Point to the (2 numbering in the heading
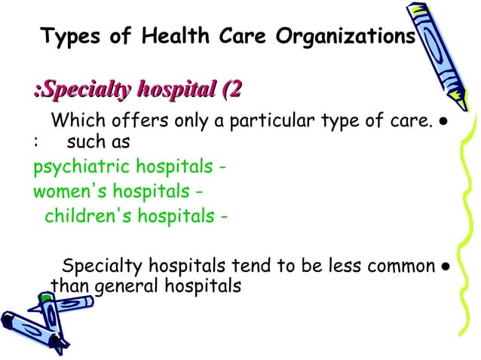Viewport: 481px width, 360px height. pos(230,91)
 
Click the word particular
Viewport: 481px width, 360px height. pos(251,121)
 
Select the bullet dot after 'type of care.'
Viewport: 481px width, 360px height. pos(446,122)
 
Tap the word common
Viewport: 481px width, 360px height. pos(397,267)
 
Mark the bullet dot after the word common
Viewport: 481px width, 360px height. pos(446,267)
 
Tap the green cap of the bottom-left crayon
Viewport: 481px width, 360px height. pos(47,301)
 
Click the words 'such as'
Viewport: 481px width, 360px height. pos(98,141)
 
